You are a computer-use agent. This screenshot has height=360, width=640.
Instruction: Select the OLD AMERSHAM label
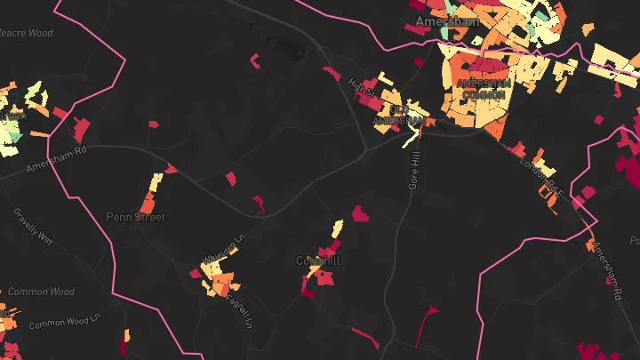(x=397, y=116)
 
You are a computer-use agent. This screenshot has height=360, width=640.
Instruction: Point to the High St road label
(x=363, y=88)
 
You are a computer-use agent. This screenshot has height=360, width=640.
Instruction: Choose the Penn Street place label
(x=135, y=216)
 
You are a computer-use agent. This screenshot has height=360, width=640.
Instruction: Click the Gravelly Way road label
(x=34, y=227)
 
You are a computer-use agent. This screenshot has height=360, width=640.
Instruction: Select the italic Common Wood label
(x=41, y=291)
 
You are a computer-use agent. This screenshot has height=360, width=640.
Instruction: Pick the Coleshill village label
(x=316, y=261)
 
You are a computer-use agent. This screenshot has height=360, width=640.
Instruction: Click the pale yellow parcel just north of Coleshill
(x=336, y=229)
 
